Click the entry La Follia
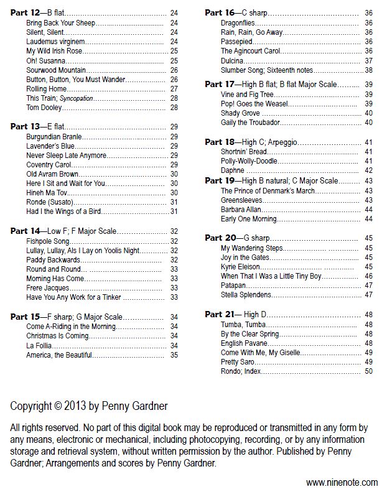tap(39, 345)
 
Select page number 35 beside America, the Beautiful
tap(174, 355)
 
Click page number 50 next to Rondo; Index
tap(368, 371)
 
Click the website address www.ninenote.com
tap(342, 482)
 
